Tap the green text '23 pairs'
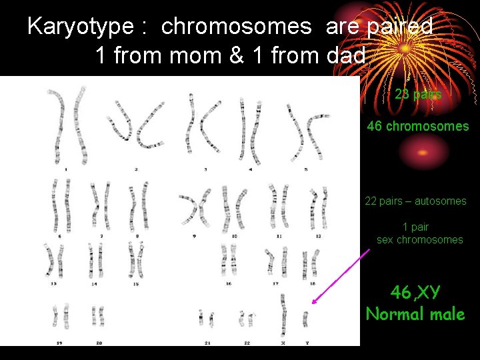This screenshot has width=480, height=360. (418, 95)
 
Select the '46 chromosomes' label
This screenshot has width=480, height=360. (418, 126)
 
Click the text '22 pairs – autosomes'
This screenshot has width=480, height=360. (415, 201)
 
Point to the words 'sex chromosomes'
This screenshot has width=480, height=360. (419, 239)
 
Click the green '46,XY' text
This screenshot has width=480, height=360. (415, 292)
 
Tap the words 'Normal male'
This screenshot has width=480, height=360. (415, 314)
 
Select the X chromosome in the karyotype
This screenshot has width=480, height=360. (283, 313)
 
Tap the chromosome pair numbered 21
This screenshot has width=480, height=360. (206, 318)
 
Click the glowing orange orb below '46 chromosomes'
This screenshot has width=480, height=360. (422, 152)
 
